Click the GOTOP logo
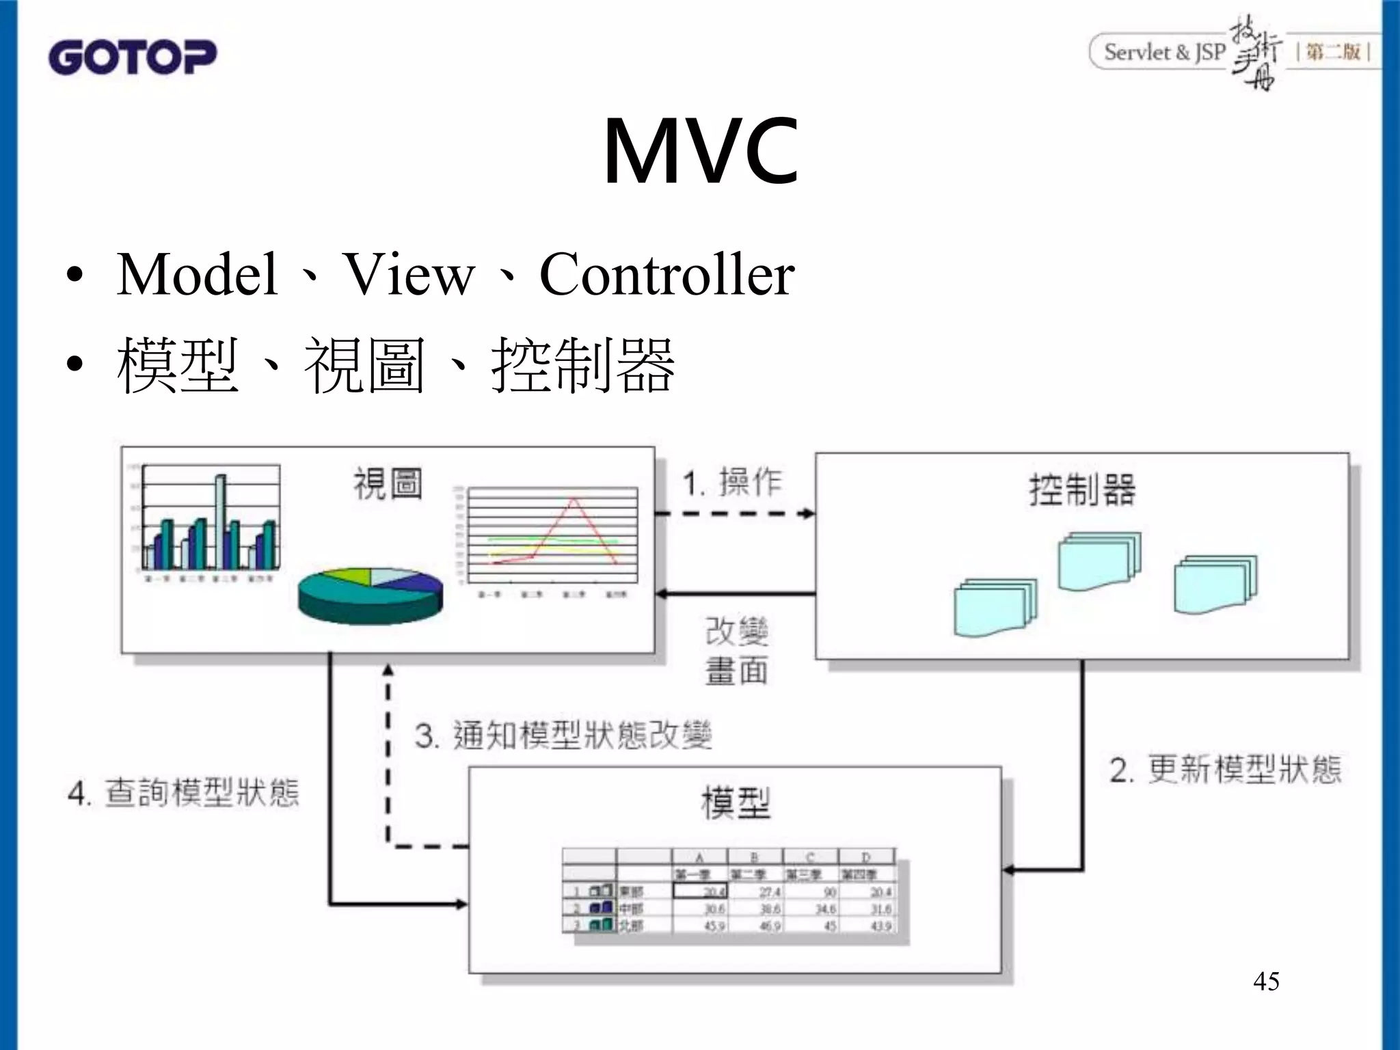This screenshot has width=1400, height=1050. (x=132, y=57)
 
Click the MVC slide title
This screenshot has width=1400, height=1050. (x=700, y=152)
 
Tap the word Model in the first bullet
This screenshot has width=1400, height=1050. (x=197, y=275)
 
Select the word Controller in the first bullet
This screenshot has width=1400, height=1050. (x=667, y=275)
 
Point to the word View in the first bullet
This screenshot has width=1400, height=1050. (x=408, y=275)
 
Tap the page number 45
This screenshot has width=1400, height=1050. (x=1266, y=982)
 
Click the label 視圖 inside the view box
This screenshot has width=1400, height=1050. (x=387, y=484)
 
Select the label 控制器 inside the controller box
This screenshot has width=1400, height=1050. (x=1082, y=490)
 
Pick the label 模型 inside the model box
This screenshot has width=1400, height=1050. (x=736, y=803)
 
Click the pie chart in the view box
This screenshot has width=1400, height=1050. (x=371, y=595)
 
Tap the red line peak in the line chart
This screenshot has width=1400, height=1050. (x=574, y=500)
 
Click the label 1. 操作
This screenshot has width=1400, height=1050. (x=732, y=483)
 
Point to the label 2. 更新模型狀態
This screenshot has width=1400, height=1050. (x=1225, y=770)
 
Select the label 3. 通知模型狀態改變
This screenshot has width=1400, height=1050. (x=563, y=736)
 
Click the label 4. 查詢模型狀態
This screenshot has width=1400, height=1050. (x=183, y=793)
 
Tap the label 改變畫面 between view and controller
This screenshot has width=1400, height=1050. (x=736, y=650)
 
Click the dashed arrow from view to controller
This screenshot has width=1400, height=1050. (x=735, y=513)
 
